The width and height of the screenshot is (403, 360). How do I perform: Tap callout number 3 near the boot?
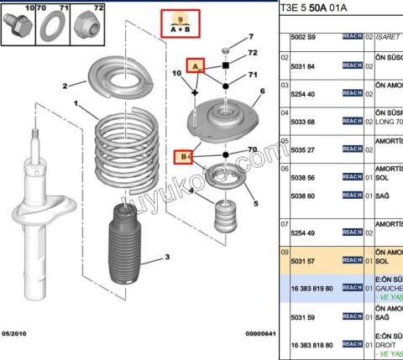[x=166, y=258]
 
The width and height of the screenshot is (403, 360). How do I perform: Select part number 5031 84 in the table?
[x=303, y=66]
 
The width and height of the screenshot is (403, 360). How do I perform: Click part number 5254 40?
[x=303, y=95]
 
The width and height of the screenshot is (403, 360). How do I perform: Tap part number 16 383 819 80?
[x=311, y=288]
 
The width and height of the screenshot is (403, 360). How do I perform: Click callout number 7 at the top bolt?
[x=251, y=37]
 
